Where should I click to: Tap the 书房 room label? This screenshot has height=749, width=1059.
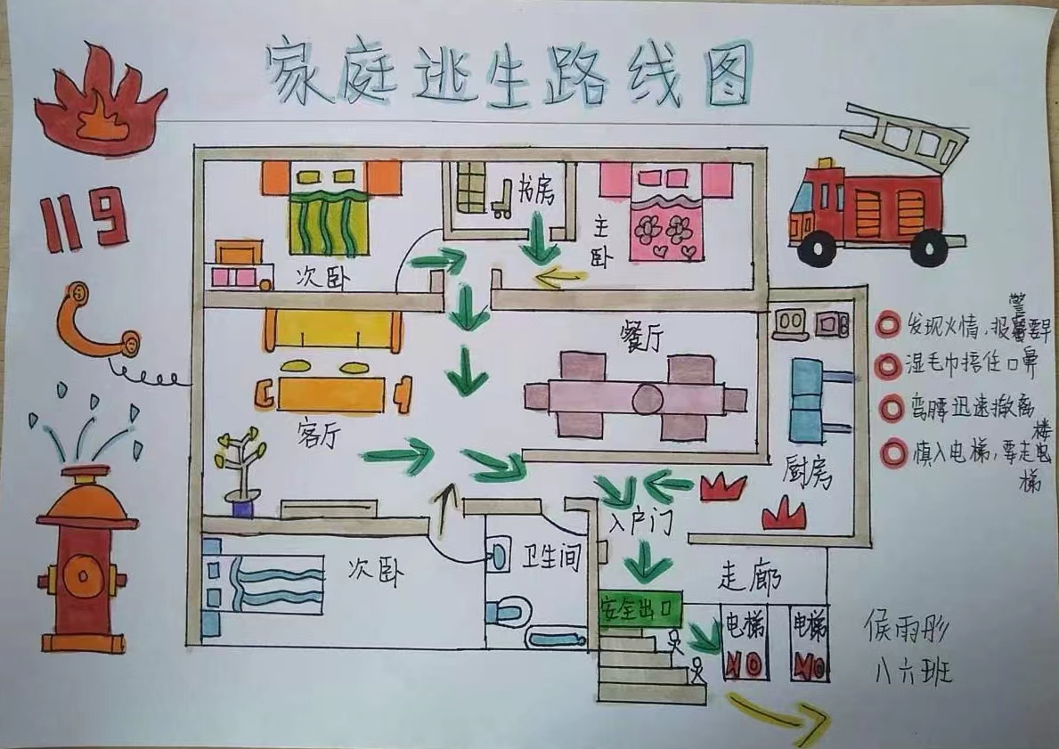[535, 191]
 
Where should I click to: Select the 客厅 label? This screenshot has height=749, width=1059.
[317, 434]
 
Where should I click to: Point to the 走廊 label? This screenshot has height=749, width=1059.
[750, 578]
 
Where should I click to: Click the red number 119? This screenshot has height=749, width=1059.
[83, 218]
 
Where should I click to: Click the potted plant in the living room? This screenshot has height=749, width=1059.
[240, 471]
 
